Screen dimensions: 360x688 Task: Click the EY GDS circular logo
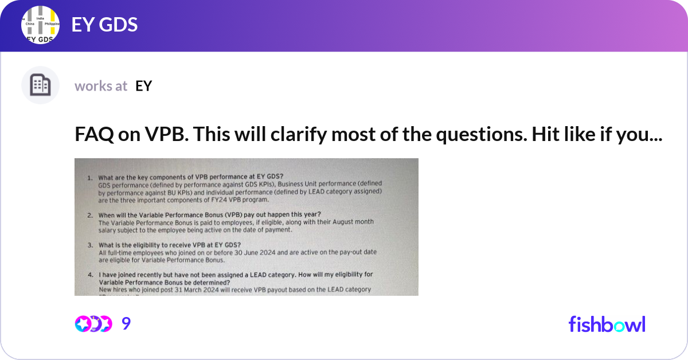coord(40,26)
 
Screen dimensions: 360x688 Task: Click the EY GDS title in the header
coord(104,25)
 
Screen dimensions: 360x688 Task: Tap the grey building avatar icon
coord(40,85)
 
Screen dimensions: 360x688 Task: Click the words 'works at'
coord(101,86)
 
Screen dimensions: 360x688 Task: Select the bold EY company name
coord(143,86)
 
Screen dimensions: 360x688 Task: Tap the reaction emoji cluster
coord(93,324)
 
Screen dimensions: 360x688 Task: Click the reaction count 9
coord(126,324)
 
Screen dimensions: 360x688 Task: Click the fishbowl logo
coord(607,324)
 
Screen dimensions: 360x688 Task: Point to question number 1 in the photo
coord(90,178)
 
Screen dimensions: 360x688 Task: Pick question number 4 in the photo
coord(90,275)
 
